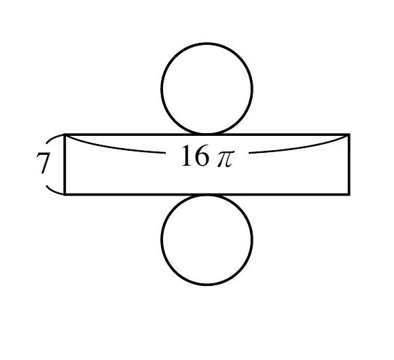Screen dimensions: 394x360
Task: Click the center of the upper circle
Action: [207, 88]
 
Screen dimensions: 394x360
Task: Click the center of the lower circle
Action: [207, 239]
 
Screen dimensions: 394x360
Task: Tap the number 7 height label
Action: [43, 163]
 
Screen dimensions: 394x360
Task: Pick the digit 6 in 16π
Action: [202, 156]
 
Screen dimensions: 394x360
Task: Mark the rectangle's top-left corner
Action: [65, 134]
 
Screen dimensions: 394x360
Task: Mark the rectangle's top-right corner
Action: [349, 134]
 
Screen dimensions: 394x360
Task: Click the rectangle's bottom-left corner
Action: [65, 194]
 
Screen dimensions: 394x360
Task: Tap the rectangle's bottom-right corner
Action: [349, 194]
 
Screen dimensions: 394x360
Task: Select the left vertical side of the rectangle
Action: [65, 164]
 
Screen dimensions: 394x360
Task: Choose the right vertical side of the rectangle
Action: [349, 164]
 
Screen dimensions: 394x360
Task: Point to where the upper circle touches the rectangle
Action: [207, 134]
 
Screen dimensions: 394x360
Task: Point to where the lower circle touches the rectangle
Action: [207, 194]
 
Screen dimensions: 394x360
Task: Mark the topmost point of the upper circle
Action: [207, 43]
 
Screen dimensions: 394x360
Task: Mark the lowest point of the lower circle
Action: [207, 285]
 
